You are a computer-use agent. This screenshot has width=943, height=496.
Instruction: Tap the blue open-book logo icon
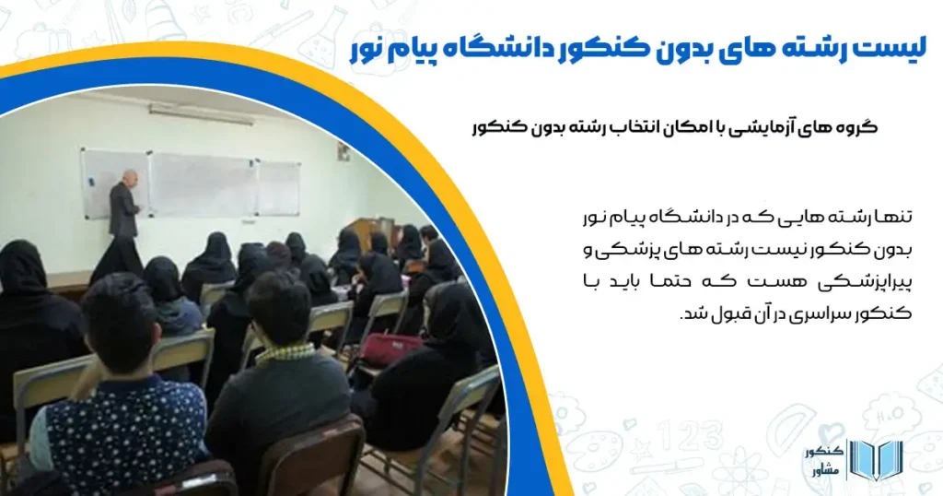tap(874, 461)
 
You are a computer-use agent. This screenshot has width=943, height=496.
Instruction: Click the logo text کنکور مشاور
tap(821, 461)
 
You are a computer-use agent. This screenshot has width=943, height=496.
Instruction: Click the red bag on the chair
tap(392, 348)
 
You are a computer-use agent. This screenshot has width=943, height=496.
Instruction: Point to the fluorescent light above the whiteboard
tap(200, 113)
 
